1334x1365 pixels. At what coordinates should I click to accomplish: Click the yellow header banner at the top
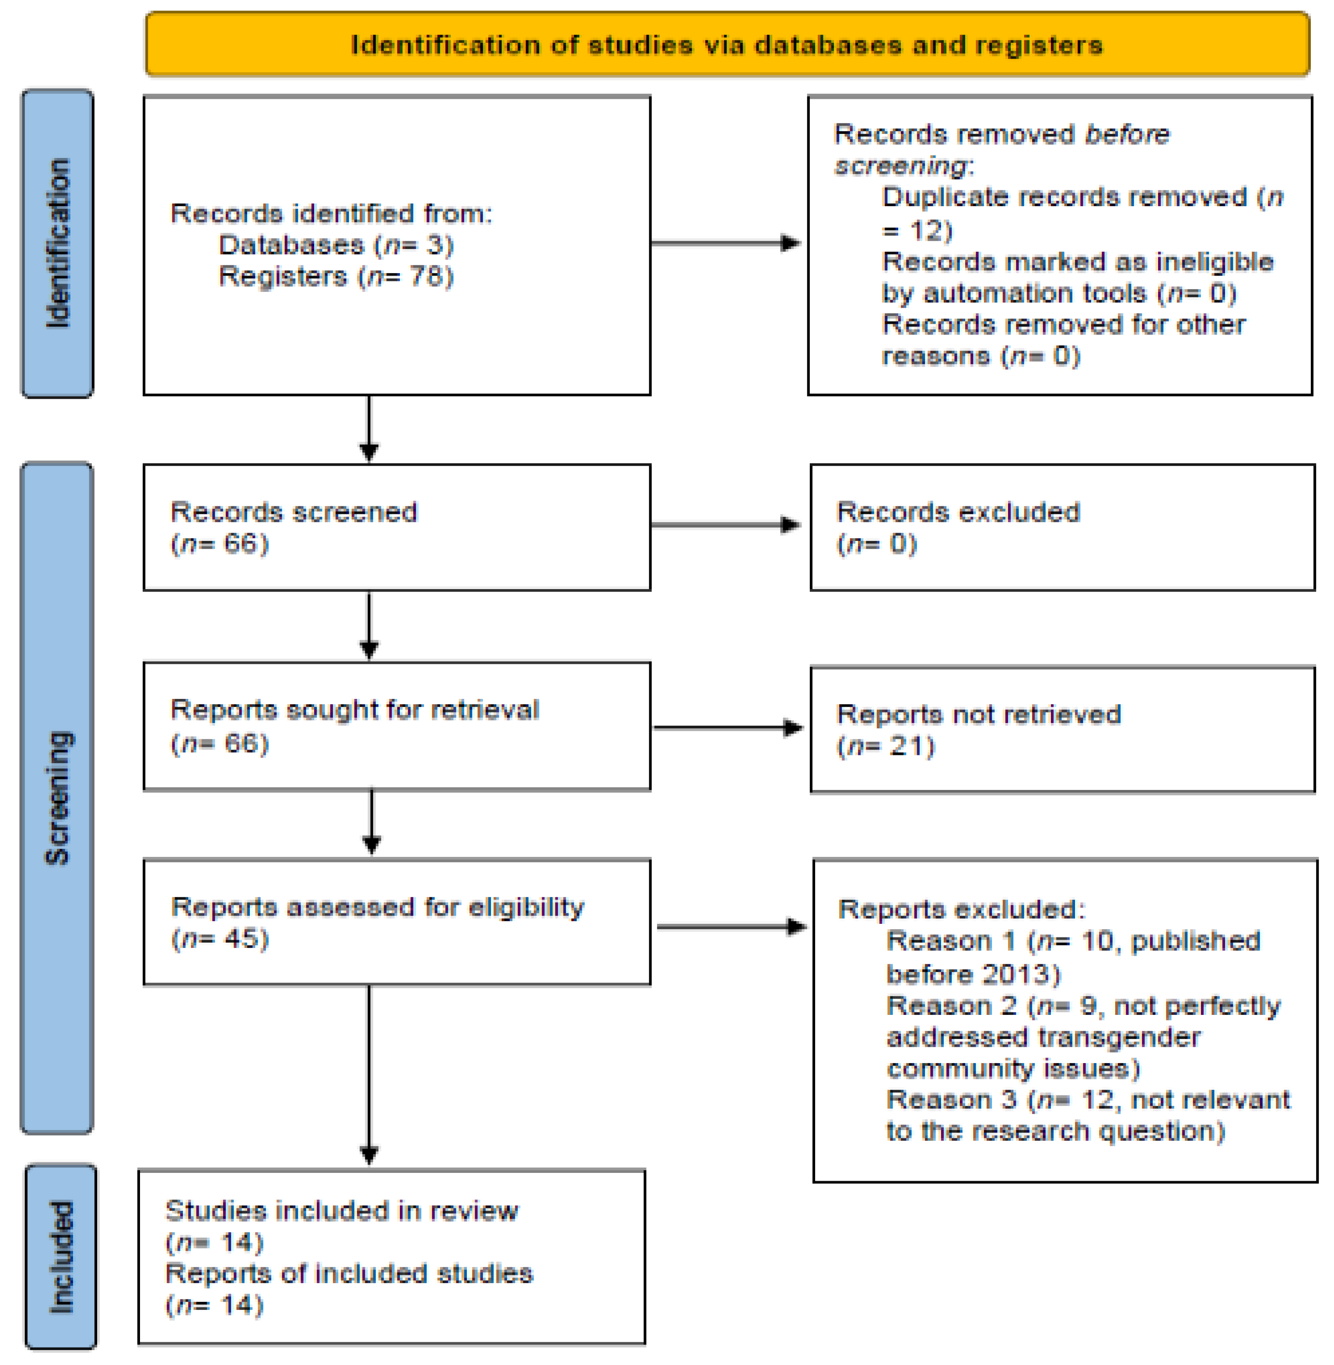(727, 45)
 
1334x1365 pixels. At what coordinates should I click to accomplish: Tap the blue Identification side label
(57, 243)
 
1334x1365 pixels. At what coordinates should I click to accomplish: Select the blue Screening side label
(57, 797)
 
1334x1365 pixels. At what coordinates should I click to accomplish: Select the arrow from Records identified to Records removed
(725, 243)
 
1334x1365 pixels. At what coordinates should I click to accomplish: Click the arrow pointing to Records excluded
(725, 525)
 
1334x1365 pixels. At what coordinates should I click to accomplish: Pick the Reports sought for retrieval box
(396, 726)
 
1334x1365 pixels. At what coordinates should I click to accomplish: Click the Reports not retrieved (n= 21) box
(1061, 730)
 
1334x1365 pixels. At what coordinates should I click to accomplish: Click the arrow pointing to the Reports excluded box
(731, 927)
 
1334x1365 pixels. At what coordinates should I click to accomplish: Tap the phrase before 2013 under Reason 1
(973, 974)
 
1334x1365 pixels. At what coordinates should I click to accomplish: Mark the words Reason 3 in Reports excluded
(951, 1099)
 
